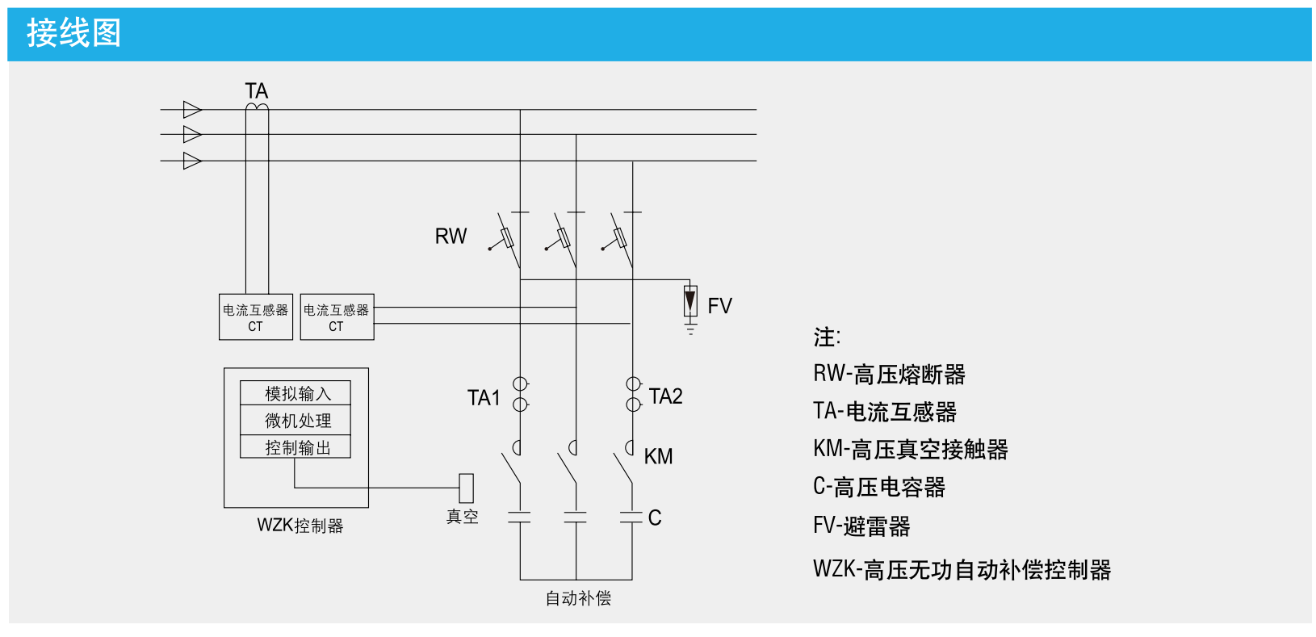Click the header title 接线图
pos(73,34)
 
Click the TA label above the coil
pos(256,90)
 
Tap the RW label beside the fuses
pos(451,237)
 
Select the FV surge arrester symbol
pos(690,302)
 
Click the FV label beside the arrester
pos(719,306)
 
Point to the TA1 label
pos(484,398)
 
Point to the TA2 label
pos(665,396)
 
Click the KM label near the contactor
pos(658,457)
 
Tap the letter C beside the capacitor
pos(655,518)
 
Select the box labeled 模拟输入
pos(295,393)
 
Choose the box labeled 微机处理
pos(295,420)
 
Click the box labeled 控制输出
pos(295,447)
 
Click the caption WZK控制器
pos(300,526)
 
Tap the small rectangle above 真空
pos(466,488)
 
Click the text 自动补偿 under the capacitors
pos(577,598)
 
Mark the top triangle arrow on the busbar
pos(191,109)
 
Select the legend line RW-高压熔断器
pos(889,374)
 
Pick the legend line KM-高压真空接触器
pos(910,449)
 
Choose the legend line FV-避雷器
pos(861,526)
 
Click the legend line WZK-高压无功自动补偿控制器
pos(962,569)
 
